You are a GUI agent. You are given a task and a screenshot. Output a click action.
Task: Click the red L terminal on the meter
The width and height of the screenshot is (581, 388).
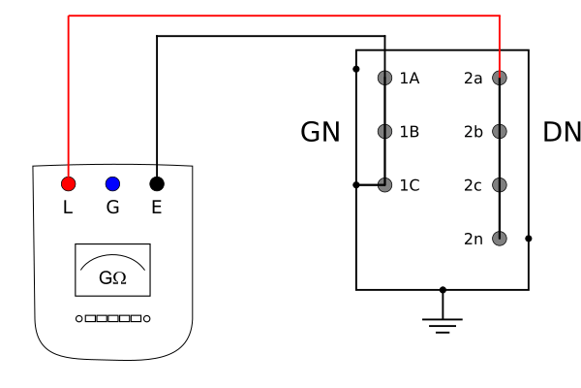pos(68,183)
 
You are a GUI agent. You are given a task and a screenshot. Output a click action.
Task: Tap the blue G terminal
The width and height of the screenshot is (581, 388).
pos(112,183)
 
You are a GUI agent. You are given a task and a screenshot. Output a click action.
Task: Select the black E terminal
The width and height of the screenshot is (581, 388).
pos(157,183)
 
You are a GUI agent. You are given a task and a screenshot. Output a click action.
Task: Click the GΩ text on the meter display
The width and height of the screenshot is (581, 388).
pos(112,277)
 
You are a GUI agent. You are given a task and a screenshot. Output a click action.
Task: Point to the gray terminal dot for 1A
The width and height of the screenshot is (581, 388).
pos(385,78)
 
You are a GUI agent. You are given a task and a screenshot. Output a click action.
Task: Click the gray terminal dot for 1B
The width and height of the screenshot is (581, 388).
pos(385,132)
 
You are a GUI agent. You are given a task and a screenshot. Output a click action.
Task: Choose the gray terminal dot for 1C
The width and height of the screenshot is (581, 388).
pos(385,185)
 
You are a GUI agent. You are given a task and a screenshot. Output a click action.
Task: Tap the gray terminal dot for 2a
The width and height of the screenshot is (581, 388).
pos(500,78)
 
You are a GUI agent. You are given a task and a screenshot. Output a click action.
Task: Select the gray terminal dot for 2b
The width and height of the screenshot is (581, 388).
pos(500,132)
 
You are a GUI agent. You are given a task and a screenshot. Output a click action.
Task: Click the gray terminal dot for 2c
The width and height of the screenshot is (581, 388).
pos(500,185)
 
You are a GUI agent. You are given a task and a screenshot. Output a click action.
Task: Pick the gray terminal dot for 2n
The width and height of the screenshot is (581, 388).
pos(500,239)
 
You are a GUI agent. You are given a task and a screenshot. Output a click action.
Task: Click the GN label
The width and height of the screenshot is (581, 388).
pos(321,132)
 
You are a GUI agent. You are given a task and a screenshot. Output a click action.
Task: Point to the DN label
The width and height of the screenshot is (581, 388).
pos(562,132)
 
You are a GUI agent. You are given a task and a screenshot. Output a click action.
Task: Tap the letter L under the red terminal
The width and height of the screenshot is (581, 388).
pos(68,208)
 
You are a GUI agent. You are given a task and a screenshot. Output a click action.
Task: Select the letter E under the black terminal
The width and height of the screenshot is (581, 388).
pos(157,208)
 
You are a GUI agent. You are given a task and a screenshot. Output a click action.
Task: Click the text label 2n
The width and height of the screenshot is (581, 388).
pos(474,239)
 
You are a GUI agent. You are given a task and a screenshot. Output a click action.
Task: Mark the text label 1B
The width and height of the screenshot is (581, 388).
pos(410,132)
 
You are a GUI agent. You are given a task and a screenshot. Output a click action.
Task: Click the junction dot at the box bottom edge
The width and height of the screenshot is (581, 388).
pos(443,290)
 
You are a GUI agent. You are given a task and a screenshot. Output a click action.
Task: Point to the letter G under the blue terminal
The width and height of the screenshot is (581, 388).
pos(112,208)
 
